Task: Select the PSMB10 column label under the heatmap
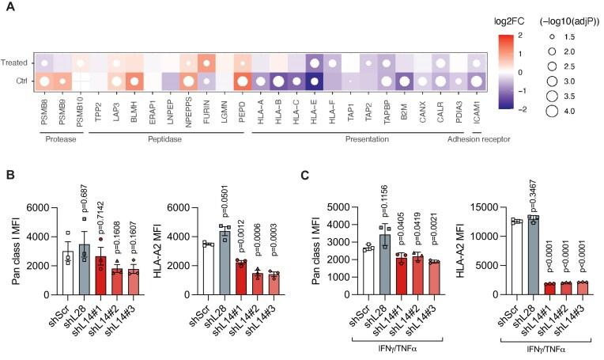[x=80, y=107]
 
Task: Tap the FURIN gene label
[x=206, y=104]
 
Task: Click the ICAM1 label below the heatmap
[x=476, y=104]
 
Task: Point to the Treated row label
[x=17, y=61]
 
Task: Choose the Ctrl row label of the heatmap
[x=22, y=80]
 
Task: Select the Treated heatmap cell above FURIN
[x=206, y=61]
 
